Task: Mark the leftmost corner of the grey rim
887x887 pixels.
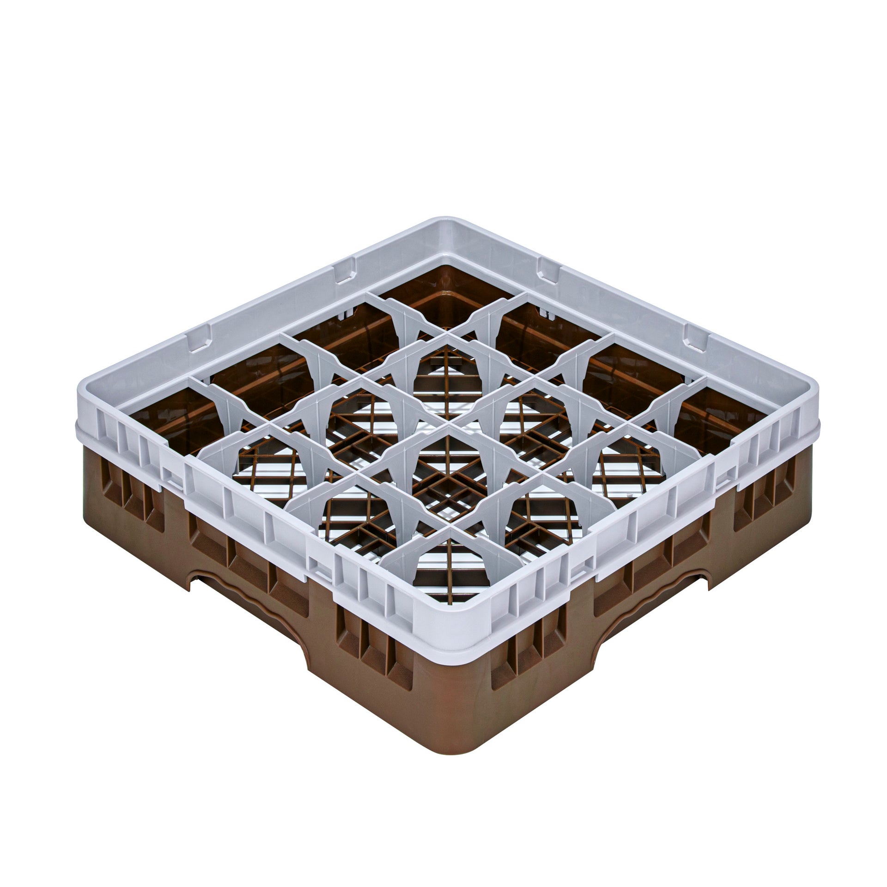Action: coord(83,407)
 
